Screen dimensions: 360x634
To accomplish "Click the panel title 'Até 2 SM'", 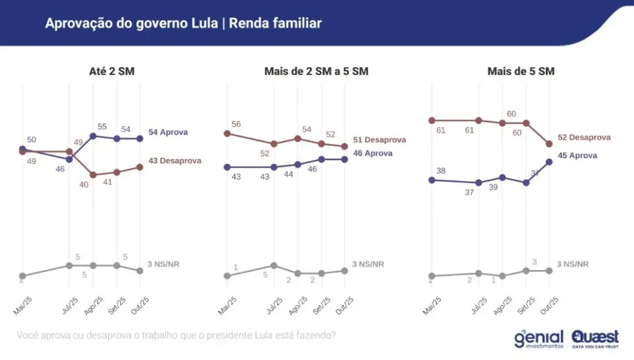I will pos(112,71).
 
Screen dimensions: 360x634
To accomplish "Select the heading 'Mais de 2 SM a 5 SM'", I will pos(316,71).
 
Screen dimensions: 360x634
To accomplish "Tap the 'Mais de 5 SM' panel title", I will pos(520,71).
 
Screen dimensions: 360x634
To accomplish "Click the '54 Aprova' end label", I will pos(168,132).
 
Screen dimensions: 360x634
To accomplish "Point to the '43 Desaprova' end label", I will pos(174,161).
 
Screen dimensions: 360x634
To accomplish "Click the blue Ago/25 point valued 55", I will pos(93,136).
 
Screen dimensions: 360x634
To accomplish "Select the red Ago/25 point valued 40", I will pos(93,175).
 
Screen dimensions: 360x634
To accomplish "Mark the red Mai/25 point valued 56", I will pos(227,133).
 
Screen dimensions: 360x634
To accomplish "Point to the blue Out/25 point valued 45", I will pos(549,162).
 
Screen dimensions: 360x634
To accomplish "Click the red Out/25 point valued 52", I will pos(549,144).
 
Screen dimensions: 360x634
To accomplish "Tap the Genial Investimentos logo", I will pos(538,338).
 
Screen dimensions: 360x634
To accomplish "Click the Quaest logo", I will pos(595,338).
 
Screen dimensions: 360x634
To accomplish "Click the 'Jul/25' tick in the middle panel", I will pos(272,305).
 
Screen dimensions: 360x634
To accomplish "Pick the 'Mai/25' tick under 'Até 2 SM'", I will pos(22,305).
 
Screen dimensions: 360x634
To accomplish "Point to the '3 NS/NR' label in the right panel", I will pos(573,264).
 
